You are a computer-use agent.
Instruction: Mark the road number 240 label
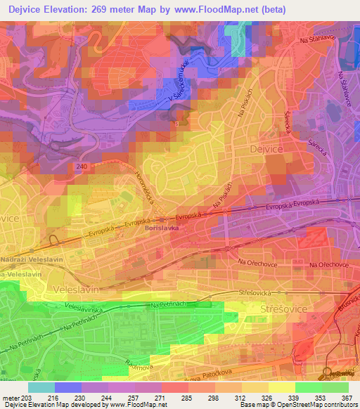82,166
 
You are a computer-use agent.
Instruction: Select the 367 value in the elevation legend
346,398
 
